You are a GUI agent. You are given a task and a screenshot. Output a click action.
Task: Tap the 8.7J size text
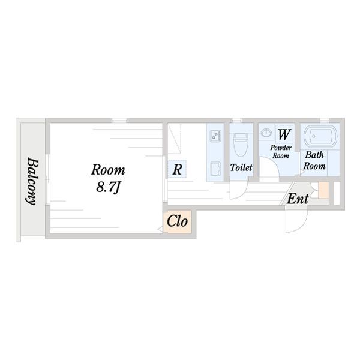coord(109,187)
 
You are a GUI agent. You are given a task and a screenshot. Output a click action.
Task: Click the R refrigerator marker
coord(177,170)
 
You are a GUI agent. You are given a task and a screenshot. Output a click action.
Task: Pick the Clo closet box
coord(177,222)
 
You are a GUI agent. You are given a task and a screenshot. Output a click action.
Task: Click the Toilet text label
coord(241,168)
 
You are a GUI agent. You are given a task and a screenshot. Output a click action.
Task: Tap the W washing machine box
coord(284,133)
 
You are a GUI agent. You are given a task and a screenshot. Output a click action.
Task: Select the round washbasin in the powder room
coord(266,134)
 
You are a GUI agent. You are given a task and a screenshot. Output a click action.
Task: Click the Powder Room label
coord(280,151)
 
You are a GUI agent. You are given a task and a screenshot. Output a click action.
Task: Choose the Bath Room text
coord(314,160)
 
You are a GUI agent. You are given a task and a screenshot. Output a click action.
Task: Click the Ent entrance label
coord(298,199)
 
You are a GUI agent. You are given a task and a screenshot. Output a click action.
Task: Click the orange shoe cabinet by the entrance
coord(324,190)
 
